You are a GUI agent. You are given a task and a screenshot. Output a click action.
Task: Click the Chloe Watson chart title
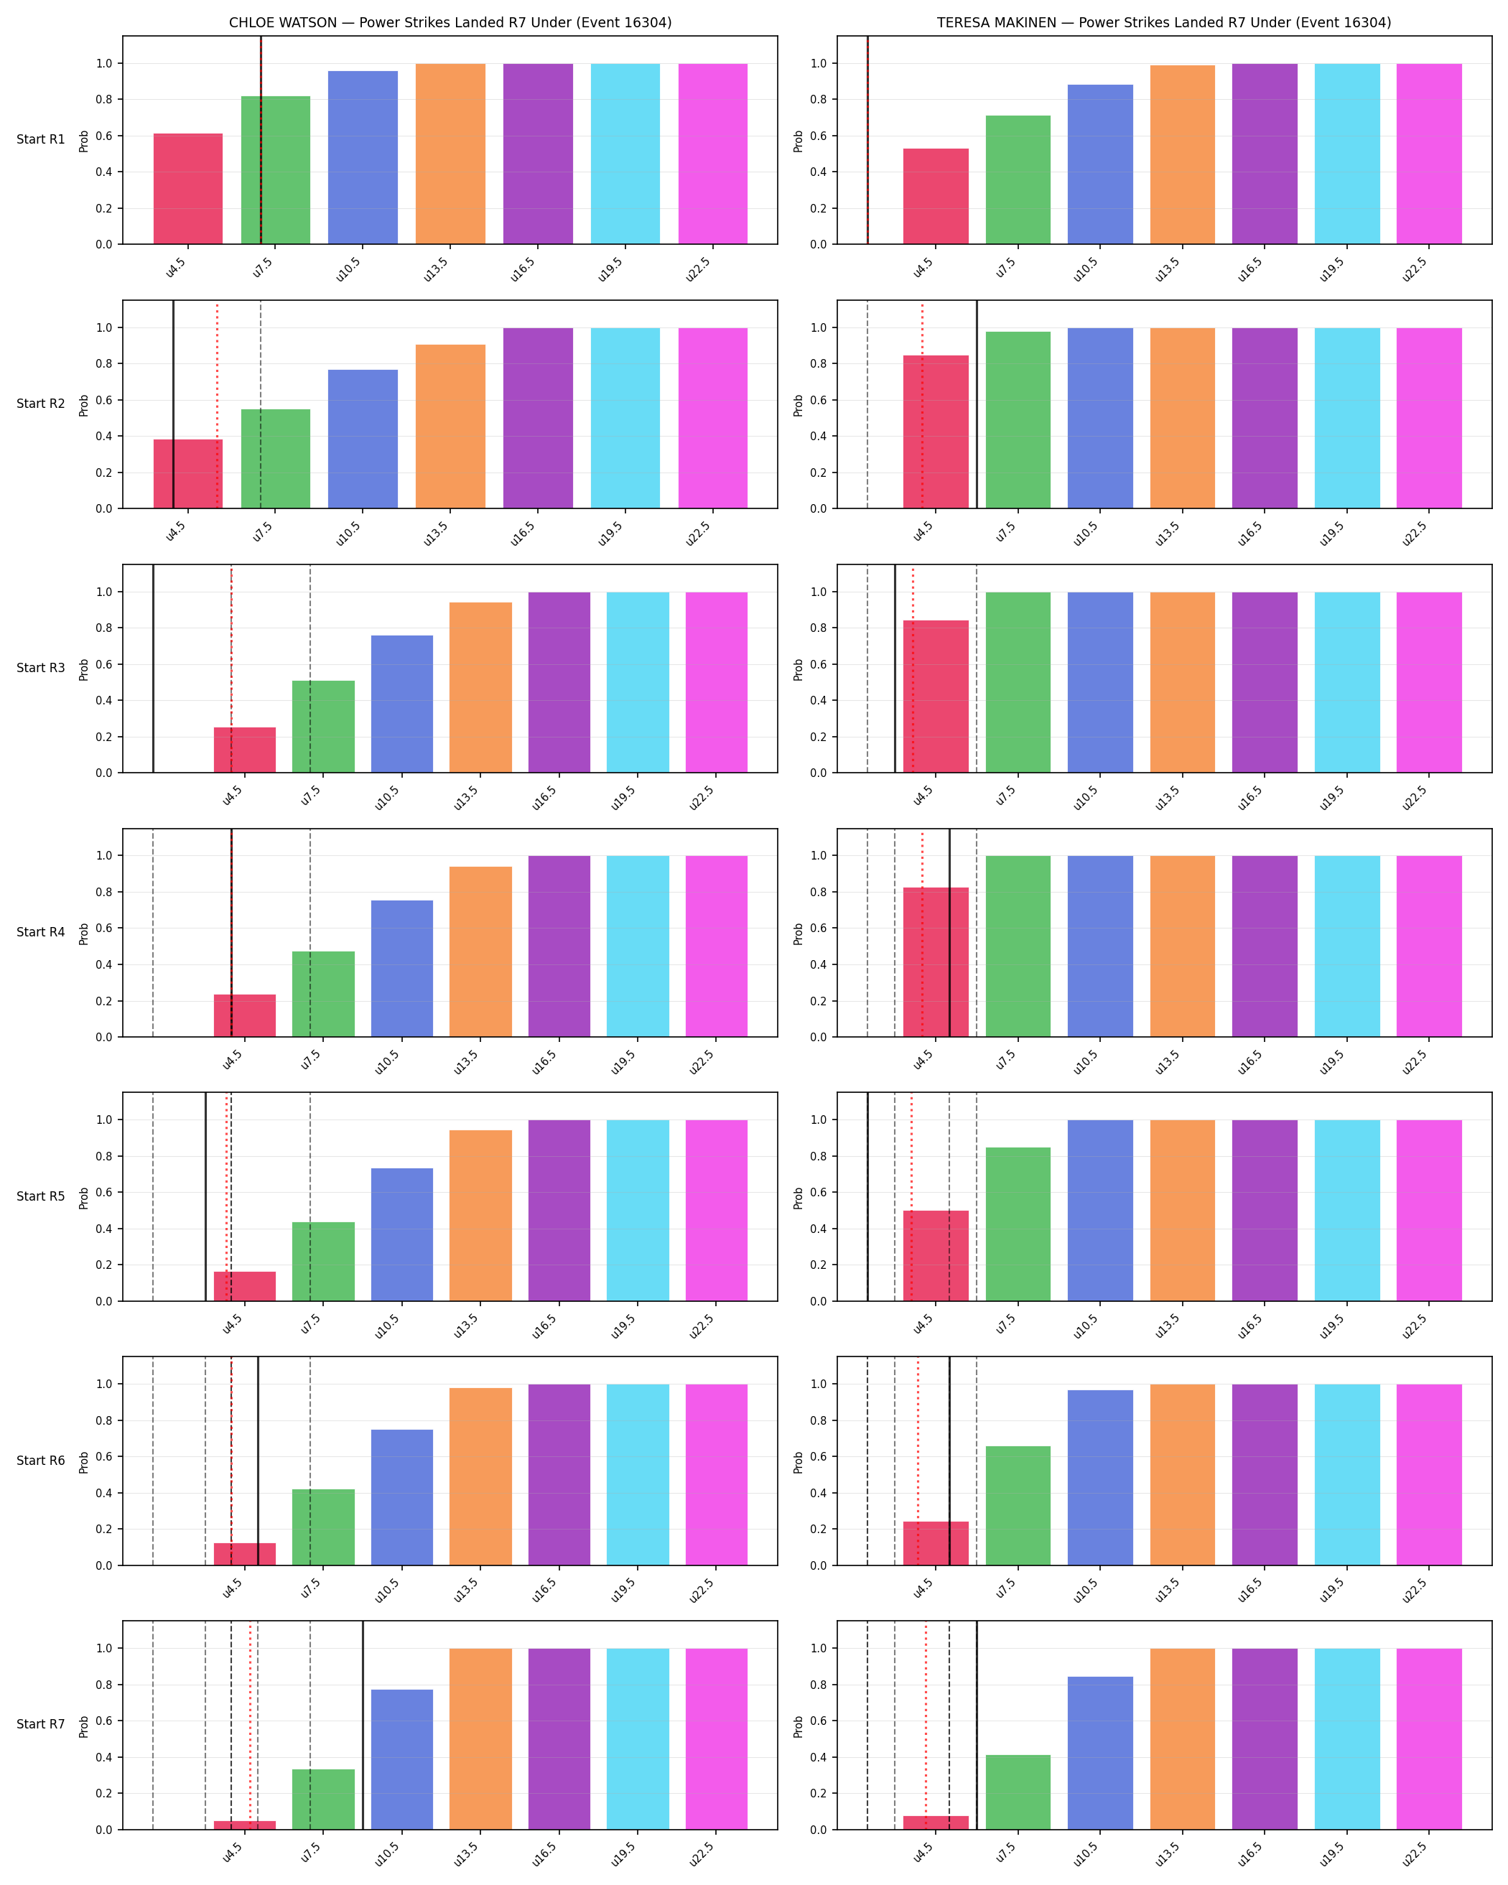coord(450,23)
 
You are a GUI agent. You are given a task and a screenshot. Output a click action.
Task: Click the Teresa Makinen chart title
coord(1163,23)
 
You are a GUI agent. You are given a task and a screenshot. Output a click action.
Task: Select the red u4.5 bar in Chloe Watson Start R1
coord(188,189)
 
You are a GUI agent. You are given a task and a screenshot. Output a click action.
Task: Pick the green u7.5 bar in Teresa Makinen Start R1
coord(1018,180)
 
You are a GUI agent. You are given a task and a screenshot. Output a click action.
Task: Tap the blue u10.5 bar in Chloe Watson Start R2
coord(363,439)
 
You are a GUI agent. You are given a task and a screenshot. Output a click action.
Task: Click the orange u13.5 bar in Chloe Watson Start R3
coord(481,687)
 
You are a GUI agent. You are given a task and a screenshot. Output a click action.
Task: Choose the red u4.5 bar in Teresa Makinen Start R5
coord(936,1255)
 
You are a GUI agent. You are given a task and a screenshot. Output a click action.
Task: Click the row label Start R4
coord(40,932)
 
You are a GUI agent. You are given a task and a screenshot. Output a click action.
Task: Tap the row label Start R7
coord(40,1724)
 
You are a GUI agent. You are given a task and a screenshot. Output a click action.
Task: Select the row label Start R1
coord(40,139)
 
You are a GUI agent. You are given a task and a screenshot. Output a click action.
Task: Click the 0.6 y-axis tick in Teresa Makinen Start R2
coord(818,401)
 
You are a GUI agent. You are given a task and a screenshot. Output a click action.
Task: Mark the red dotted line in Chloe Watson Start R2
coord(217,405)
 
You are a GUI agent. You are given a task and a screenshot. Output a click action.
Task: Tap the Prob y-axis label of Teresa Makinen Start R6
coord(798,1462)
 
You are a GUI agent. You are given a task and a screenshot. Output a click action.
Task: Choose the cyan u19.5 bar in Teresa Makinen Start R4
coord(1347,946)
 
